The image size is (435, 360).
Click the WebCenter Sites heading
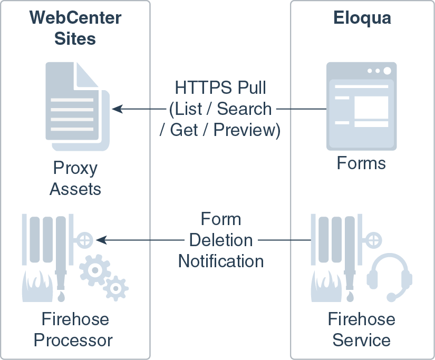75,28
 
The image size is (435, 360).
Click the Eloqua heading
362,18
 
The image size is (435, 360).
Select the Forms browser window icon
361,106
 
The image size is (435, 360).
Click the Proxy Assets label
75,178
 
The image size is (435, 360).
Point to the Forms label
362,163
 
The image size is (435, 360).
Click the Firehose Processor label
73,329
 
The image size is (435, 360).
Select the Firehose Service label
362,329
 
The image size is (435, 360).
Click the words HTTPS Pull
221,87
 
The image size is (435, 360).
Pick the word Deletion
221,240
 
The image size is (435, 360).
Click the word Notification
221,261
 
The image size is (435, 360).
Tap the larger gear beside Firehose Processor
94,269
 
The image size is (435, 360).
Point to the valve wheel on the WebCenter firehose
86,240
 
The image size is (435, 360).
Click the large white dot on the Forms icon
387,71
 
